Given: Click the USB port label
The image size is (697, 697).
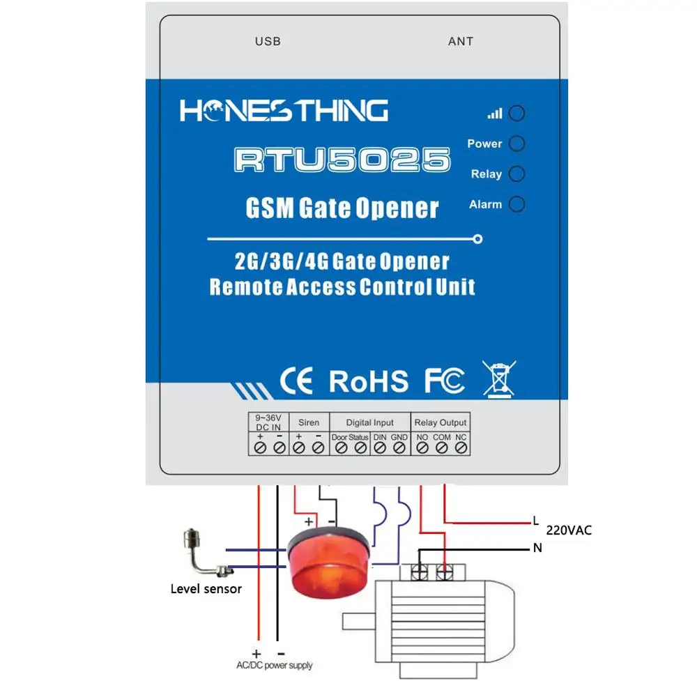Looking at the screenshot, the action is (x=268, y=42).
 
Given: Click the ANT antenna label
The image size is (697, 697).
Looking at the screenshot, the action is (x=460, y=42).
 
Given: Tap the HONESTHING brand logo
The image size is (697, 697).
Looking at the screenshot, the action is (x=284, y=111).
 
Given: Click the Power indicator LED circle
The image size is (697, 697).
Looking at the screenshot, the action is (x=516, y=144).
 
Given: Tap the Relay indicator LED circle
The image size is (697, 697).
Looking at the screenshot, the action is (x=516, y=174).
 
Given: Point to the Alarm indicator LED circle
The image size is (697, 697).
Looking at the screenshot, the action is (x=516, y=204).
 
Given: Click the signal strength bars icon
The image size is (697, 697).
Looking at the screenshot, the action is (x=494, y=113).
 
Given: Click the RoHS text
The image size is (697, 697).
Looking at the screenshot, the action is (x=369, y=381).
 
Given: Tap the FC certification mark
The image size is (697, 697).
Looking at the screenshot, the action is (x=445, y=381).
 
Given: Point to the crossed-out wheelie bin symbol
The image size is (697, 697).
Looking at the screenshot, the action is (x=500, y=378).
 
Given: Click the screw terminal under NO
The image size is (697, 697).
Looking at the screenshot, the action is (x=422, y=448).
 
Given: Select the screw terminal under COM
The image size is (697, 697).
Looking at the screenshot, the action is (x=441, y=448).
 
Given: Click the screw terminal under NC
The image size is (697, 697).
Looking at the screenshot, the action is (x=460, y=448).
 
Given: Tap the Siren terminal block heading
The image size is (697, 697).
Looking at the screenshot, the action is (x=309, y=422).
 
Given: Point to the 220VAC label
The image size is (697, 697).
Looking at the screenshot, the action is (x=569, y=530).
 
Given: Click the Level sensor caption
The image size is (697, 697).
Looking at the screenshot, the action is (x=206, y=589).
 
